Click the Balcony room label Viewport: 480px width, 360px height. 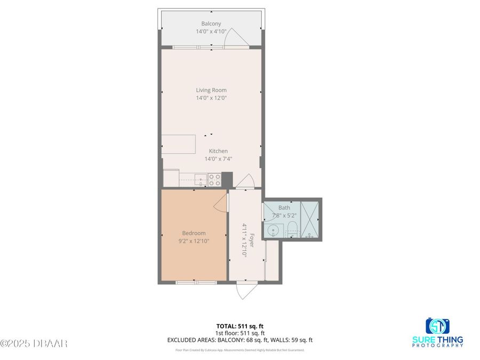pos(211,23)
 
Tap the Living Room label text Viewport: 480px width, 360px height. pos(211,90)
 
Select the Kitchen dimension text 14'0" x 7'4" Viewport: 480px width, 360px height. pos(218,159)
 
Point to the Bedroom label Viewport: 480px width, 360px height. pos(194,233)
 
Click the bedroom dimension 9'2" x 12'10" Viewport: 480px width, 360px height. pos(194,241)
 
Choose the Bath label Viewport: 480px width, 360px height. pos(284,207)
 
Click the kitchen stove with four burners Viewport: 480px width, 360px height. pos(214,180)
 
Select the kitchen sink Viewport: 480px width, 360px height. pos(201,179)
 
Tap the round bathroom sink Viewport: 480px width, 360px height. pos(273,231)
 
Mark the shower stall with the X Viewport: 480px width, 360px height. pos(310,219)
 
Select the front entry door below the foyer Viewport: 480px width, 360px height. pos(245,291)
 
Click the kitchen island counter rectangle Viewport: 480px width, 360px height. pos(179,143)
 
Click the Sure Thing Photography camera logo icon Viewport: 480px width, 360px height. pos(437,326)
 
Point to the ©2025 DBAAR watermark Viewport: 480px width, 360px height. pos(34,343)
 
